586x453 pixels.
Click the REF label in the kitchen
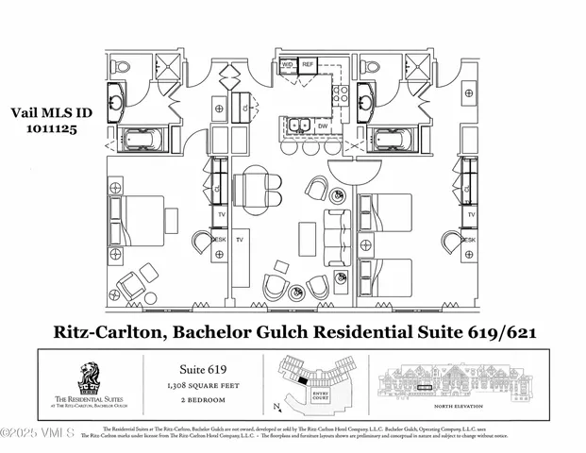pyautogui.click(x=308, y=65)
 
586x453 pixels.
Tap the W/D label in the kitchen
pyautogui.click(x=287, y=65)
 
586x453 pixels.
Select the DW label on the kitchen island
pyautogui.click(x=322, y=125)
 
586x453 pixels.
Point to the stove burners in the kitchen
pyautogui.click(x=341, y=93)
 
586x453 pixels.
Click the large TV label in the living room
pyautogui.click(x=240, y=240)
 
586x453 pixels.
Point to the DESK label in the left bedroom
pyautogui.click(x=218, y=240)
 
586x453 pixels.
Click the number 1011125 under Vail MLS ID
pyautogui.click(x=41, y=122)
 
